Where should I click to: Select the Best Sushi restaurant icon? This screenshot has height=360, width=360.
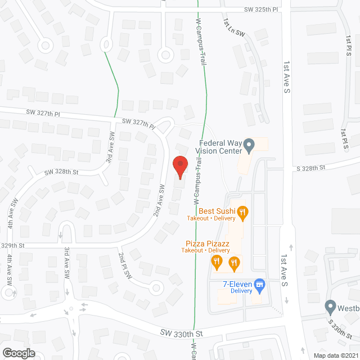click(242, 212)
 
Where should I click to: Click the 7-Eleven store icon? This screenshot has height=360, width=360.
click(259, 286)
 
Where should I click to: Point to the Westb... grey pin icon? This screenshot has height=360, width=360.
click(330, 307)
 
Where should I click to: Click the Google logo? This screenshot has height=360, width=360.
click(18, 353)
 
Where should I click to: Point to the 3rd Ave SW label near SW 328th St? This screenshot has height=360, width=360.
click(111, 147)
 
